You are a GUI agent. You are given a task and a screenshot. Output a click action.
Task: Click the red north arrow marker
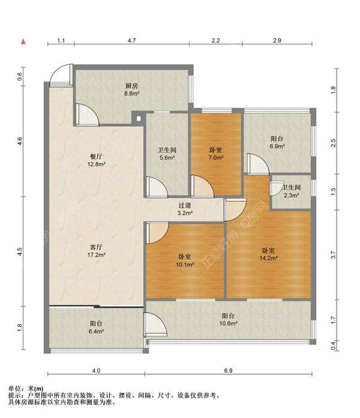[23, 41]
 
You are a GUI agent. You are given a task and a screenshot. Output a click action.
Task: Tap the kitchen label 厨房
[132, 86]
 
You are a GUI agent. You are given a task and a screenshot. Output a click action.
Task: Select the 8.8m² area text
[132, 94]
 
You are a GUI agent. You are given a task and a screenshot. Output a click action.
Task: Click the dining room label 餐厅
[96, 157]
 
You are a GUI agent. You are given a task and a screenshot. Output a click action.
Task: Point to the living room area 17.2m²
[97, 255]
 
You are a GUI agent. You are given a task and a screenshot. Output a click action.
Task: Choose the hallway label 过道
[185, 205]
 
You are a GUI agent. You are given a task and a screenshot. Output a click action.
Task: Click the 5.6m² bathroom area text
[167, 157]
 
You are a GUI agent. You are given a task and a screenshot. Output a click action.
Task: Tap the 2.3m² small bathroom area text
[292, 195]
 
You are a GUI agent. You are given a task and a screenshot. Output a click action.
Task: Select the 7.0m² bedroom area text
[215, 157]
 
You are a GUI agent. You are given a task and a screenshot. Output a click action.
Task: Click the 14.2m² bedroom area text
[269, 258]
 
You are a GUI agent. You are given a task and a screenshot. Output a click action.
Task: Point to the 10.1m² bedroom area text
[185, 264]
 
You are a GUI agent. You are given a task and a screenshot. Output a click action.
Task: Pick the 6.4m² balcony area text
[96, 332]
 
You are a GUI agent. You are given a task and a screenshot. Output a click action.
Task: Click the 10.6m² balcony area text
[228, 323]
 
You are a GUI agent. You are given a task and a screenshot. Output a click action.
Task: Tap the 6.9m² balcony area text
[277, 146]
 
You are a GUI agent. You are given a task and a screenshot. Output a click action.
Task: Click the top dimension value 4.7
[131, 40]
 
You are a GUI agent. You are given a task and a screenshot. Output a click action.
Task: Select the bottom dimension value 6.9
[228, 371]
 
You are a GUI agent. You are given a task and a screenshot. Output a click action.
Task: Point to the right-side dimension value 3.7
[333, 255]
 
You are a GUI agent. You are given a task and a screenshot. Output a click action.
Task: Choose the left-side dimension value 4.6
[20, 141]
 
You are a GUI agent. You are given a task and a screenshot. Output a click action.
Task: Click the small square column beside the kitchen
[139, 118]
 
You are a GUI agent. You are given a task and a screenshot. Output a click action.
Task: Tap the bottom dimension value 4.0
[96, 371]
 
